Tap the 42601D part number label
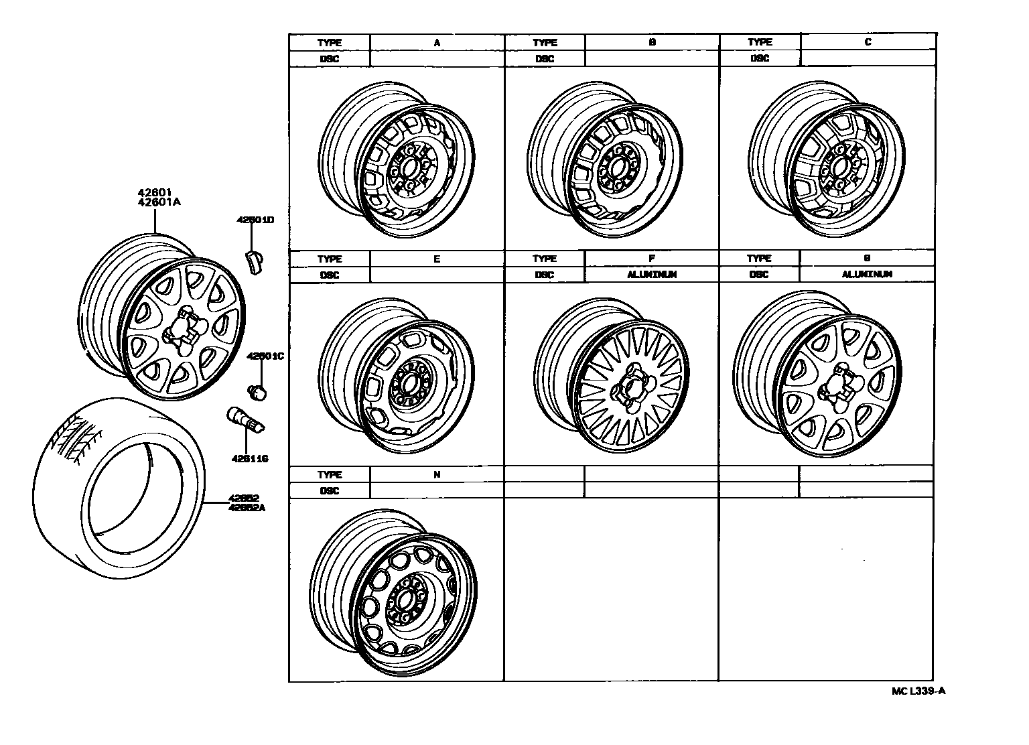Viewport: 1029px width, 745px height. [251, 219]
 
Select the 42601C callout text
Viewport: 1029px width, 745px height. [265, 356]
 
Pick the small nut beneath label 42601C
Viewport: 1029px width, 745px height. [257, 390]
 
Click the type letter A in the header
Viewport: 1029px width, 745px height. [437, 42]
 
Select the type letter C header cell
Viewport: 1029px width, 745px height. [868, 42]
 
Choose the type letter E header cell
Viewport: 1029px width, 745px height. [437, 259]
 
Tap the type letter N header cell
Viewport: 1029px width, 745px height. [437, 475]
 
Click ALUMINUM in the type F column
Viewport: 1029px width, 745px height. [652, 275]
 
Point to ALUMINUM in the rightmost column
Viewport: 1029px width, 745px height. [867, 275]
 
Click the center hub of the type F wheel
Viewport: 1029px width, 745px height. [632, 389]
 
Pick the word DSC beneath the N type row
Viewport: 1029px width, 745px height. [330, 491]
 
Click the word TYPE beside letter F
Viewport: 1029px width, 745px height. [545, 259]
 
